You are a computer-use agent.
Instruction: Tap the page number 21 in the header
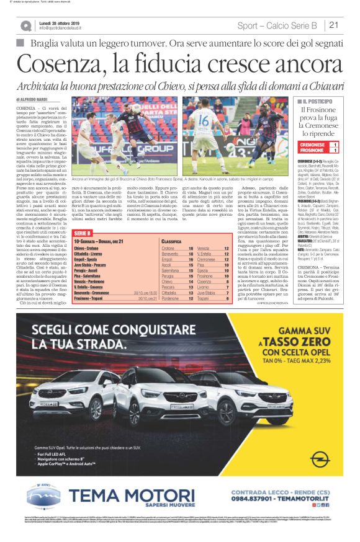334,25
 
